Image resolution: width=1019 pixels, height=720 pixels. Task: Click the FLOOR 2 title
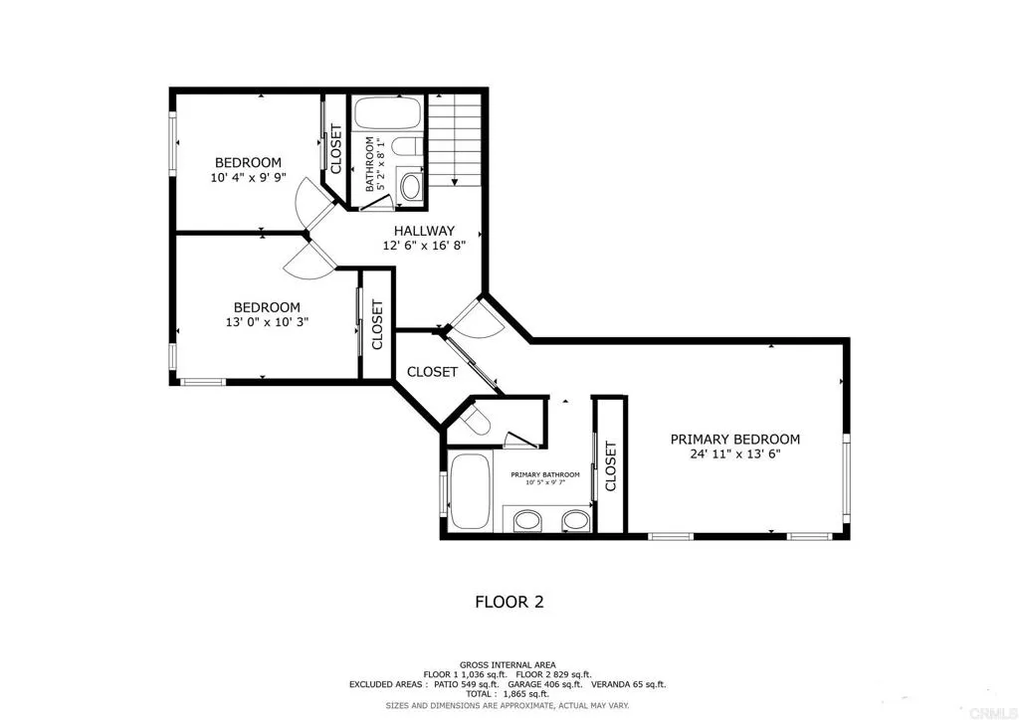(x=509, y=603)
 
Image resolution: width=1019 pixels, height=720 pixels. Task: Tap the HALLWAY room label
(x=424, y=231)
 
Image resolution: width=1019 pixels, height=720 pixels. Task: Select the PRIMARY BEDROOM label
(x=735, y=440)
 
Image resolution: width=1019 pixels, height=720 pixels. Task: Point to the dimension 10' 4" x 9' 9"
(x=248, y=178)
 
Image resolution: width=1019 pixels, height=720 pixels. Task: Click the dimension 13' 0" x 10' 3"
(x=267, y=322)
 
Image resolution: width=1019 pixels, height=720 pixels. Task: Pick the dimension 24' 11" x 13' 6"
(x=735, y=454)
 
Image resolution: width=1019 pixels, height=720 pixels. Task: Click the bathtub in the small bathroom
(x=389, y=113)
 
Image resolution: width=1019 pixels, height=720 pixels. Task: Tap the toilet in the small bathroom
(x=408, y=147)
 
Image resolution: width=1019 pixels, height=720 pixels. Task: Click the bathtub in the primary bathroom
(x=470, y=491)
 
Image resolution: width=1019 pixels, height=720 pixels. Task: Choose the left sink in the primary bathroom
(x=527, y=520)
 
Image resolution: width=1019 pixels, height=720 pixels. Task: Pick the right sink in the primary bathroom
(x=576, y=520)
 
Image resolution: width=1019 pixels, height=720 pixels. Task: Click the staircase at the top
(x=455, y=139)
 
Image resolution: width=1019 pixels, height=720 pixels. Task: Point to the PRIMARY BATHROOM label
(x=544, y=474)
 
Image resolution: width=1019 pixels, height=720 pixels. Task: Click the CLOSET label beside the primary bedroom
(x=610, y=466)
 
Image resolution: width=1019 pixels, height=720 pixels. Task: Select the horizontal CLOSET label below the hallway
(x=432, y=372)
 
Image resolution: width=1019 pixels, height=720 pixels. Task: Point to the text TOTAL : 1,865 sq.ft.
(x=508, y=694)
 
